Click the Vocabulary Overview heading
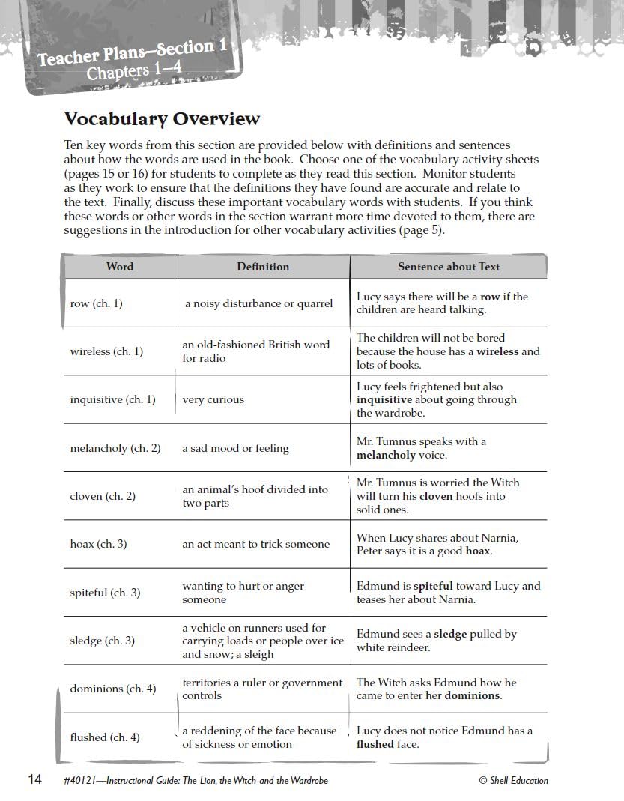point(162,119)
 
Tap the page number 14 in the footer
point(35,779)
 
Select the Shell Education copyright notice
point(513,780)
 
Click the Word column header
point(120,267)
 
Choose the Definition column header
point(263,267)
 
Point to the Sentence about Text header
point(448,267)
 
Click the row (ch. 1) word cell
point(96,303)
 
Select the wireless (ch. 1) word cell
point(106,351)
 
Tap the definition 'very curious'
point(213,400)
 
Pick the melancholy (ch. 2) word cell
point(115,448)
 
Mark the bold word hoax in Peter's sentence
point(477,551)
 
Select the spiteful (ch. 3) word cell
point(105,593)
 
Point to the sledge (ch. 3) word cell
point(102,641)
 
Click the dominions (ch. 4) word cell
point(113,689)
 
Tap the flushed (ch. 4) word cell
point(105,737)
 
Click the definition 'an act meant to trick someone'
point(255,545)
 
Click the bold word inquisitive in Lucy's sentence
point(384,400)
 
